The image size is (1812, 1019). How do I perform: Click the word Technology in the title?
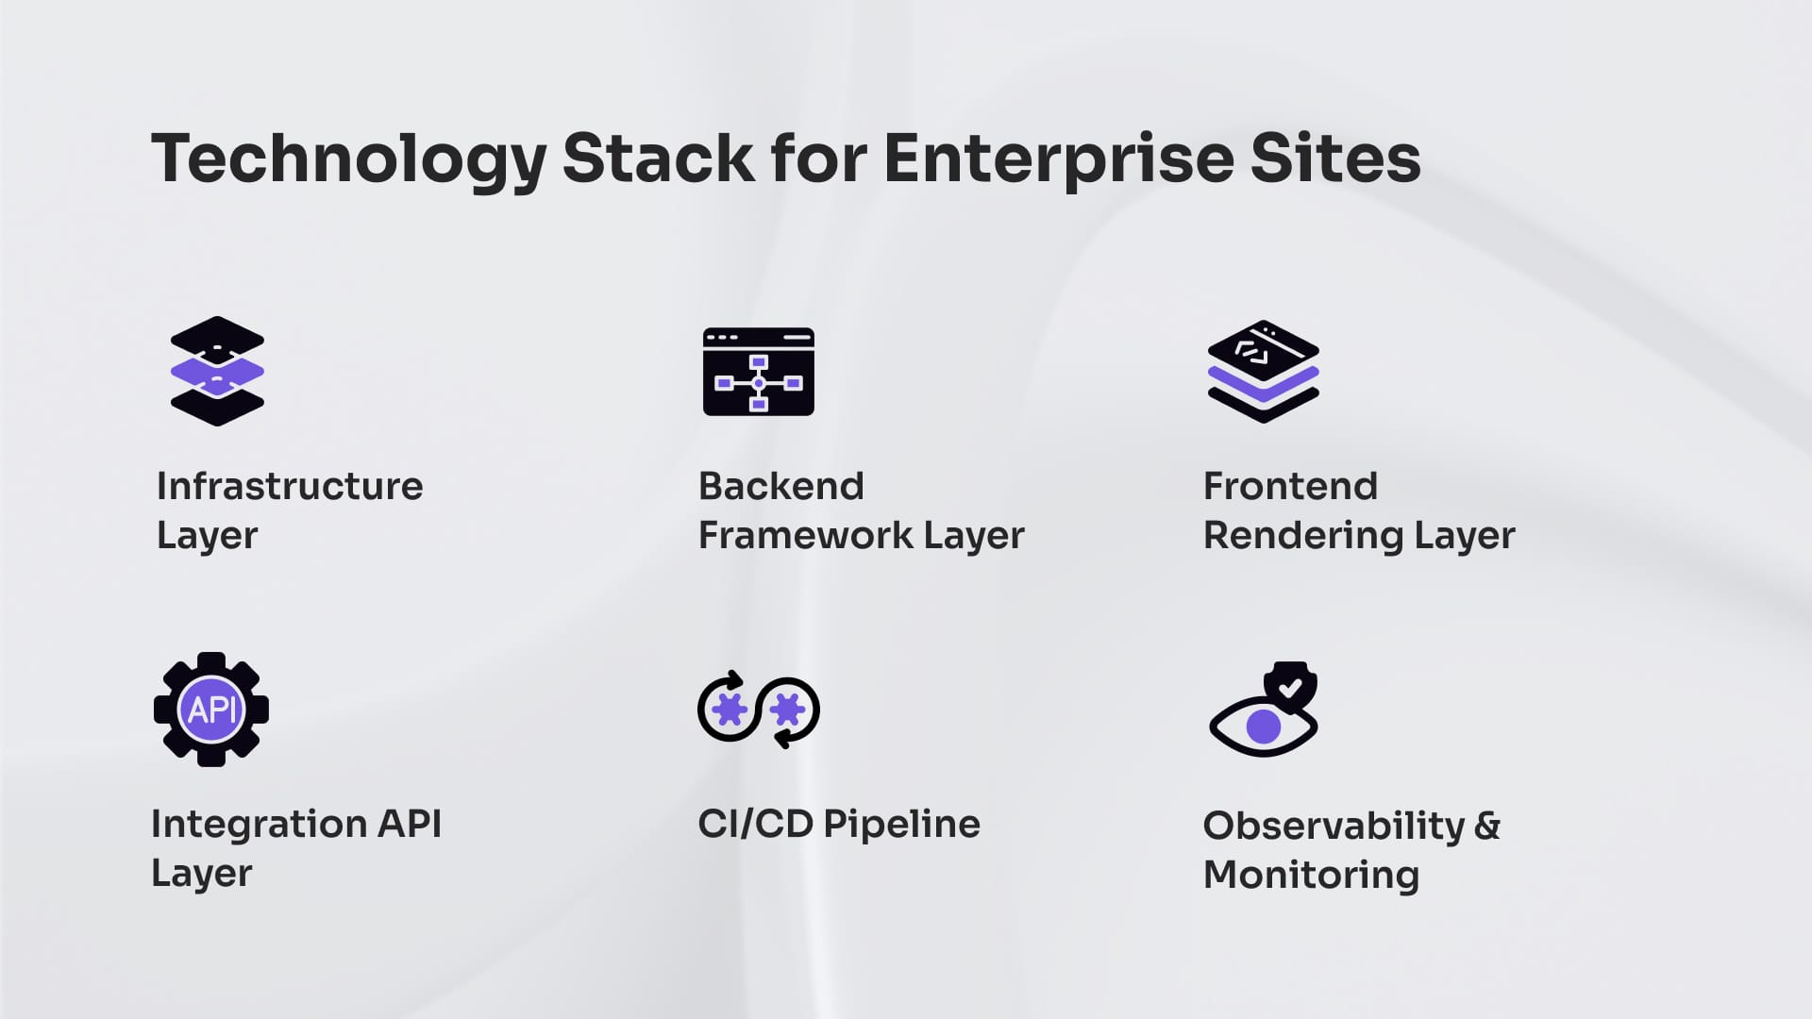click(x=348, y=159)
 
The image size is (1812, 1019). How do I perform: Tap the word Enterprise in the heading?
click(x=1058, y=159)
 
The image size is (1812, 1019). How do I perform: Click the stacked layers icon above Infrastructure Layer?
click(x=217, y=371)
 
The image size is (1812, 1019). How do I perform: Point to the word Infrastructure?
click(x=290, y=486)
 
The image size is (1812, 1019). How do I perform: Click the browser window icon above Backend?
click(x=758, y=372)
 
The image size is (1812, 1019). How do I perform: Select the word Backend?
click(x=780, y=486)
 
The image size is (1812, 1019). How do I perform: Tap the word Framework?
click(x=805, y=535)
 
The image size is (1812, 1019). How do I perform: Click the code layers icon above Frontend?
click(x=1263, y=371)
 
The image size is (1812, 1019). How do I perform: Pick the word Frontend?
click(x=1290, y=486)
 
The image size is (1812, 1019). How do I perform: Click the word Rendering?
click(x=1302, y=535)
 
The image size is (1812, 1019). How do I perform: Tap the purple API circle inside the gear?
click(x=211, y=710)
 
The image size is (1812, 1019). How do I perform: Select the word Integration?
click(x=258, y=824)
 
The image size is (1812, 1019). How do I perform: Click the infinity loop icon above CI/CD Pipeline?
click(x=758, y=710)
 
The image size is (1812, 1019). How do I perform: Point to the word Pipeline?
click(x=901, y=824)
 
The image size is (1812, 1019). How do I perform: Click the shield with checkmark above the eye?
click(x=1290, y=684)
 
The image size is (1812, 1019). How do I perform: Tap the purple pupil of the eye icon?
click(x=1264, y=727)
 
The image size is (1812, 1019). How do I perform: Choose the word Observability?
click(x=1334, y=826)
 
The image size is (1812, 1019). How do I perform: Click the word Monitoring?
click(x=1311, y=875)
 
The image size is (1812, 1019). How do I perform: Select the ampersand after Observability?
click(x=1487, y=826)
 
